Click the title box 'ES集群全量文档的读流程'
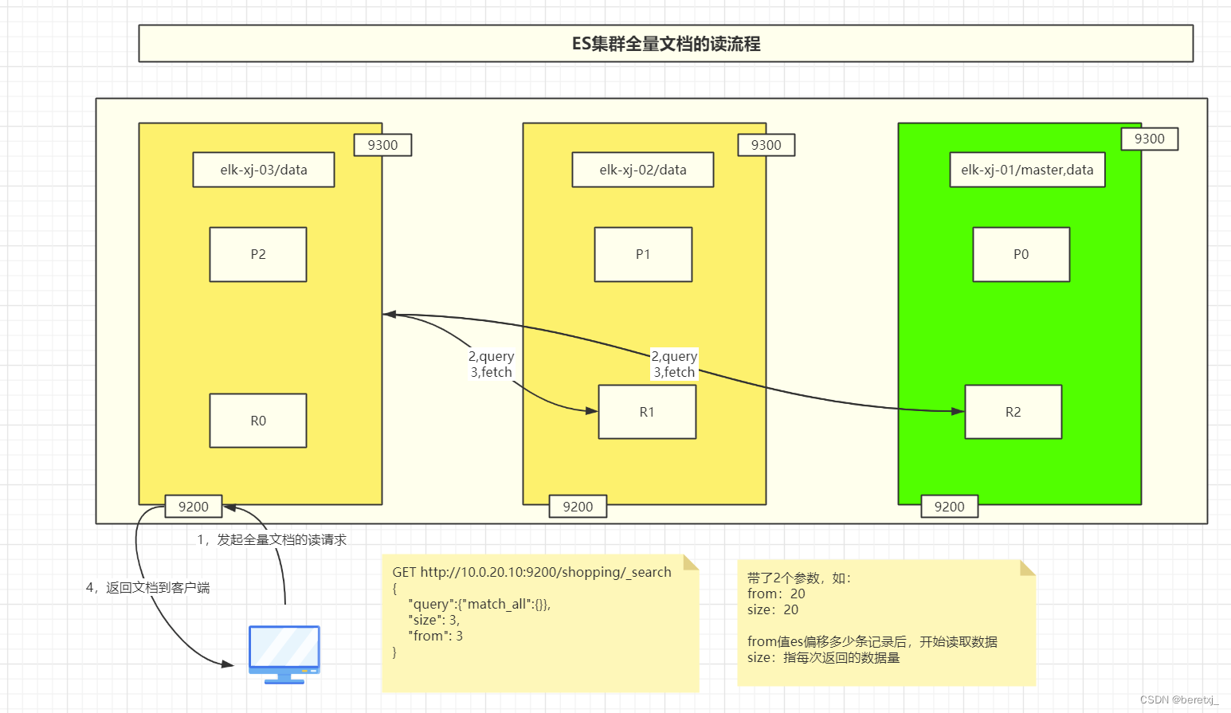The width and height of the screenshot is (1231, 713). coord(665,44)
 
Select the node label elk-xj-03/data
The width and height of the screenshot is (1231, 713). coord(264,170)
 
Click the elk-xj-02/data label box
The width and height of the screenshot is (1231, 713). coord(642,170)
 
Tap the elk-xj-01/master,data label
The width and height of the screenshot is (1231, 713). coord(1027,170)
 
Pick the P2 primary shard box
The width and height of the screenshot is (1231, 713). coord(258,254)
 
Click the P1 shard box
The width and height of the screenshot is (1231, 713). coord(643,254)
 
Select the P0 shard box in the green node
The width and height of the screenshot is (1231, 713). coord(1021,254)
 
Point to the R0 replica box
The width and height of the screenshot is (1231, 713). coord(258,421)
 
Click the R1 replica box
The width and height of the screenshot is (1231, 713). coord(647,412)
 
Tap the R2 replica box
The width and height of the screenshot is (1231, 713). coord(1013,412)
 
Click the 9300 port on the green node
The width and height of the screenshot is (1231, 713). coord(1149,139)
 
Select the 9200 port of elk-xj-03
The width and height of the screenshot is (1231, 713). coord(194,507)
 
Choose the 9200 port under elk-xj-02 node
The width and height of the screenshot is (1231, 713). coord(578,507)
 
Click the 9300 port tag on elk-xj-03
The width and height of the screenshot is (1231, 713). coord(382,145)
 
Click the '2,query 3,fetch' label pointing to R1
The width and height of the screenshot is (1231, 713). coord(491,364)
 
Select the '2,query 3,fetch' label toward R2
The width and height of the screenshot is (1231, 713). coord(674,364)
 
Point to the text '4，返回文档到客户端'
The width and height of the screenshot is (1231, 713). coord(148,588)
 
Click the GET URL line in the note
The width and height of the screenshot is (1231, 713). coord(531,572)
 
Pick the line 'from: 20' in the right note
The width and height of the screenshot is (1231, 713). coord(776,594)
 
